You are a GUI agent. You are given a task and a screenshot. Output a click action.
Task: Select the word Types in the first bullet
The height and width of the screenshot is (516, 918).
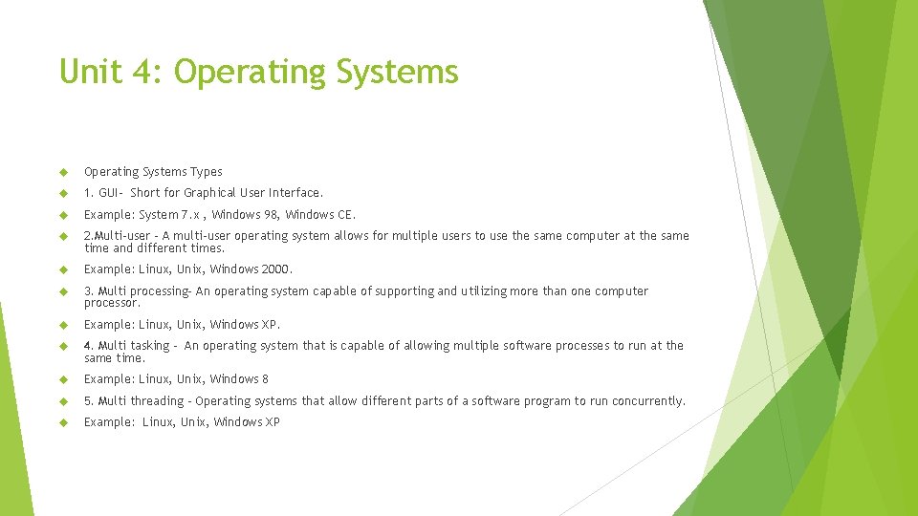[x=206, y=172]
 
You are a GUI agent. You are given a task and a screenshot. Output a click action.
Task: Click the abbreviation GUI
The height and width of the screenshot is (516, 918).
[x=108, y=193]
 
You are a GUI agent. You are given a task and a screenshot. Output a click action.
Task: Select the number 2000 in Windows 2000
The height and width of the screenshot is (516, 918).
[x=275, y=269]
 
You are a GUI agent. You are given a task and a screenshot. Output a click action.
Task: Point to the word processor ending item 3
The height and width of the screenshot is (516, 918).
[x=111, y=303]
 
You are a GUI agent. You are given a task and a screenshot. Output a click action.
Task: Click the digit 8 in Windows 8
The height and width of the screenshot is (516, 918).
[x=265, y=379]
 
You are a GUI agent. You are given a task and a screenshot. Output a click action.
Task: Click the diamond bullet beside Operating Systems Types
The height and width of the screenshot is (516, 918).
[x=64, y=172]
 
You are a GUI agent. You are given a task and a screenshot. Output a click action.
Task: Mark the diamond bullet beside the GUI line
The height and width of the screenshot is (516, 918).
[x=64, y=193]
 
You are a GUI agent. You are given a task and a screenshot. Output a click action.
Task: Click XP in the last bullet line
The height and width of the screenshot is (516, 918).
[x=273, y=422]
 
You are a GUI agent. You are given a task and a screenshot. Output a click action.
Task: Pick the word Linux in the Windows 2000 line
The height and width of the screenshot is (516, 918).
[x=154, y=269]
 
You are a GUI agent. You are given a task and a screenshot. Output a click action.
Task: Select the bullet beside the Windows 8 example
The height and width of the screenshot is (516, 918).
[x=64, y=379]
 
